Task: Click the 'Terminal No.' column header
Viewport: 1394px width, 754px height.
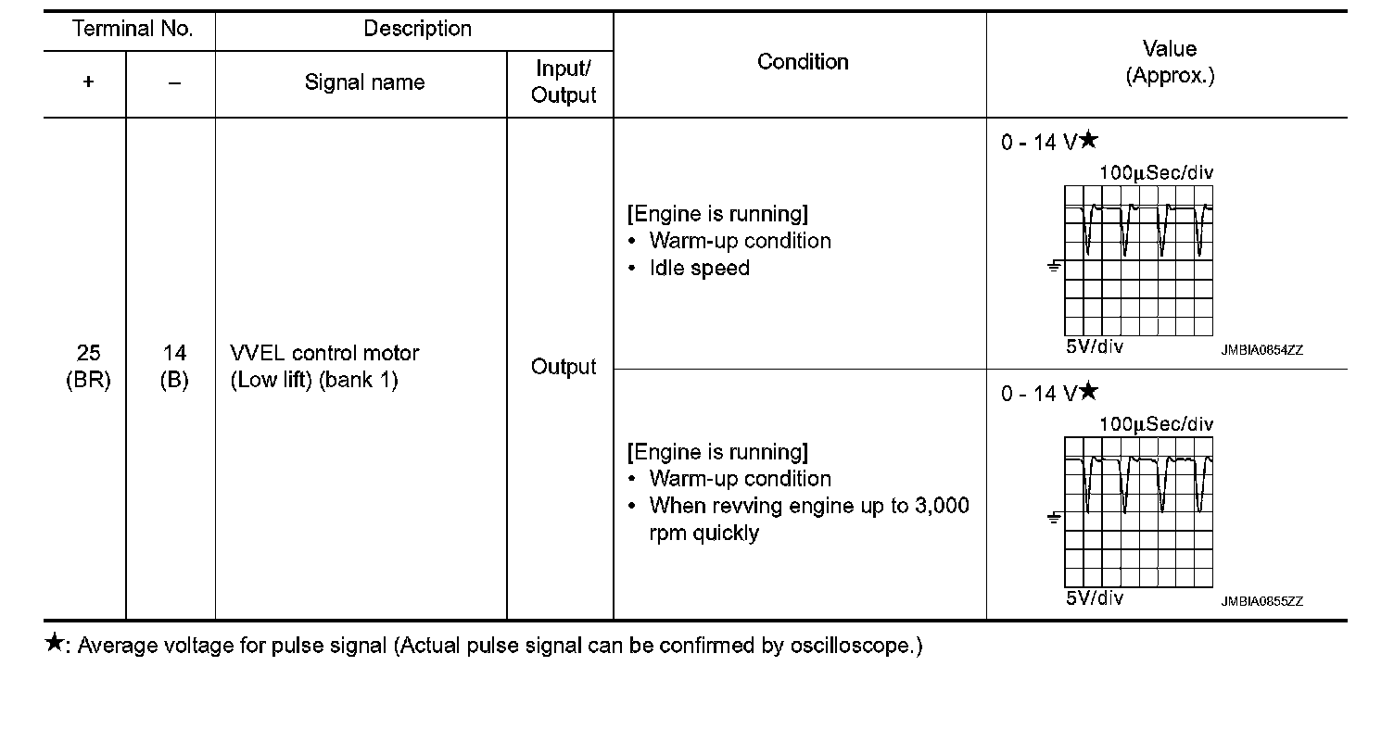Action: click(x=132, y=30)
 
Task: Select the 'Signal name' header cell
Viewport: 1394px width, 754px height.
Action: click(x=364, y=82)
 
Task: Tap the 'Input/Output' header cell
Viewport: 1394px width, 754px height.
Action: click(x=564, y=82)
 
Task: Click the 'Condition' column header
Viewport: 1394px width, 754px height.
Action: click(x=803, y=62)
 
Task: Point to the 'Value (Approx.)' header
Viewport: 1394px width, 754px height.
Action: click(x=1169, y=62)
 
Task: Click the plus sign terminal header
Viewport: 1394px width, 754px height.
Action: click(x=88, y=82)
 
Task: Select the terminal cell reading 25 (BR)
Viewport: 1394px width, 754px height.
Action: click(x=88, y=367)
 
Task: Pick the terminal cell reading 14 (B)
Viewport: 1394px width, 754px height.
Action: click(x=174, y=367)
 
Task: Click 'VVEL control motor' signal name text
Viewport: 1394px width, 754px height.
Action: click(x=324, y=353)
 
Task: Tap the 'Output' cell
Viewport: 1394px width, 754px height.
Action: click(x=564, y=367)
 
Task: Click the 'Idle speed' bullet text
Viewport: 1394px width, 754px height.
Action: click(x=699, y=269)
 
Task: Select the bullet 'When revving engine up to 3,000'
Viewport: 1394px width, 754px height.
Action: click(x=808, y=506)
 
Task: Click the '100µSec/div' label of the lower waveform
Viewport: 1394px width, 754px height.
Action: click(x=1156, y=424)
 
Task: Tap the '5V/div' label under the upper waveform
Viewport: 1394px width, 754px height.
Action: click(x=1094, y=346)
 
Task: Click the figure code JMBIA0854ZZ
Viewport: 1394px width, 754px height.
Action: click(x=1261, y=350)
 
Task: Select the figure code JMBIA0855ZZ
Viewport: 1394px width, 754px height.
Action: click(x=1261, y=601)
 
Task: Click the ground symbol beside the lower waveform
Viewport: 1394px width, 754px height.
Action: click(x=1054, y=518)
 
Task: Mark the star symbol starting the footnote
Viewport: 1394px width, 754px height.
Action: click(x=55, y=643)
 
